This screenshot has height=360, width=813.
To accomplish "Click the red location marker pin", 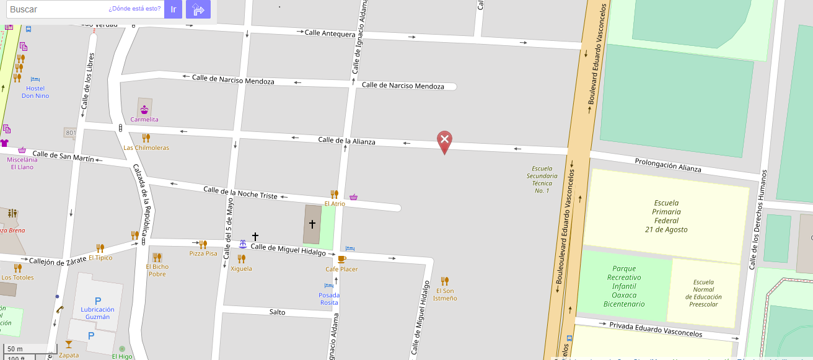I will point(444,141).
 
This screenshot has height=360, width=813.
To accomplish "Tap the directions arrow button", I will point(198,9).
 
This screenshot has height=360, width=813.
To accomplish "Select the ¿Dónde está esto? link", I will point(134,9).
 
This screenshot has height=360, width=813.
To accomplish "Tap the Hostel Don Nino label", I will point(35,92).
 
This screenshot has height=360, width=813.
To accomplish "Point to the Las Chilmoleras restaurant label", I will point(146,148).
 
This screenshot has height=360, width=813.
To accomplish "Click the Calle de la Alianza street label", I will point(346,141).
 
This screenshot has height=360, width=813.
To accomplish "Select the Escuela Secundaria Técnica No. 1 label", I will point(542,179).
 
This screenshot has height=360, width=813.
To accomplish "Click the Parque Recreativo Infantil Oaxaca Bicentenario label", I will point(624,286).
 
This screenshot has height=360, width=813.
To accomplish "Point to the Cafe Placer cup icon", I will point(341,259).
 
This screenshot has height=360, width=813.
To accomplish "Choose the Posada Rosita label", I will point(329,299).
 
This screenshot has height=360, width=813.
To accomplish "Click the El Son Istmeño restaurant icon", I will point(444,281).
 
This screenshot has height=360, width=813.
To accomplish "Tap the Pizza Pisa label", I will point(203,253).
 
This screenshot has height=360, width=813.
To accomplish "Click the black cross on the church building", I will point(312,224).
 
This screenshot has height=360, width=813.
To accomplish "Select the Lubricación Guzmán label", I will point(97,313).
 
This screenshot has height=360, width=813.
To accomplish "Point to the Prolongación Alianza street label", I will point(667,165).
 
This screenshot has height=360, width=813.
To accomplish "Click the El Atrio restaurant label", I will point(335,204).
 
